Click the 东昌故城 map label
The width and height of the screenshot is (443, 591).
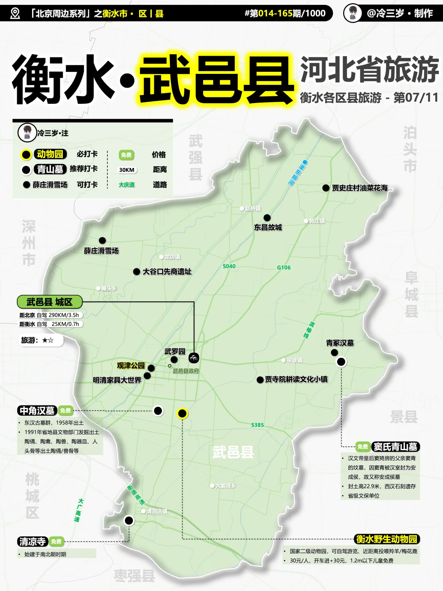(268, 227)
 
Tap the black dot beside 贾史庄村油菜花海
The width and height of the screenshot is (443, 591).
(326, 188)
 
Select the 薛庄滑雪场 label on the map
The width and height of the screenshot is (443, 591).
(101, 251)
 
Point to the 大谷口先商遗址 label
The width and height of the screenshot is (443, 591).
(167, 272)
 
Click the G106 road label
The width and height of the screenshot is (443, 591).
(283, 268)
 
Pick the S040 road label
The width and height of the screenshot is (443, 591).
(229, 266)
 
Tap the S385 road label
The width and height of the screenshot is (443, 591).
(258, 425)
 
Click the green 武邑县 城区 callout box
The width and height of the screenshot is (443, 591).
(50, 302)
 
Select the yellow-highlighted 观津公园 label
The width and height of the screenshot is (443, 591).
(130, 366)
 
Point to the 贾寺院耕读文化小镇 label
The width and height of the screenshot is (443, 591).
(296, 380)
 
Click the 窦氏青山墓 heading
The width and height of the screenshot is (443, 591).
(395, 447)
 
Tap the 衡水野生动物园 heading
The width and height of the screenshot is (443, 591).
(387, 539)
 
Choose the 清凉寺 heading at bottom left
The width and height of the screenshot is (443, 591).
(32, 542)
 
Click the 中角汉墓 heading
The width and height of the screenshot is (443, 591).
(37, 410)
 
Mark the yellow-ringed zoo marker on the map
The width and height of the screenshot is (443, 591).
(182, 414)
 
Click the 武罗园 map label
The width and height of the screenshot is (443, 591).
(175, 352)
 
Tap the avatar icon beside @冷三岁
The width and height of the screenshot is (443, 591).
(352, 13)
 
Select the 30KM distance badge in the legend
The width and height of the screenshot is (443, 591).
(127, 170)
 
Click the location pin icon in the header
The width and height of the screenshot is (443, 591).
(15, 14)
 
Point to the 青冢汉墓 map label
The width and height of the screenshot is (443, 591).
(340, 343)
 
